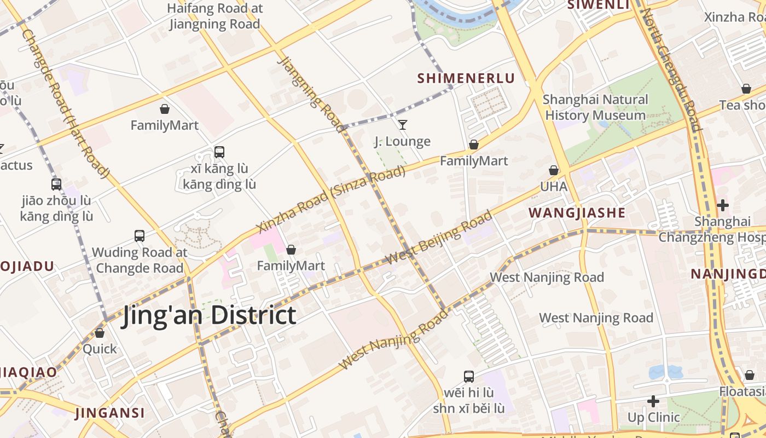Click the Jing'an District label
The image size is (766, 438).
click(x=208, y=316)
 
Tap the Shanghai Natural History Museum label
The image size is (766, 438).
click(x=595, y=107)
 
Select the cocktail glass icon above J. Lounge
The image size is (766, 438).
click(x=403, y=125)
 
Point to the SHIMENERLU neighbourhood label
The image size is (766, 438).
click(x=466, y=78)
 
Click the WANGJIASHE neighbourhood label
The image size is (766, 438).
click(x=577, y=213)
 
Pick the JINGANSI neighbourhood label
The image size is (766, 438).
click(x=110, y=413)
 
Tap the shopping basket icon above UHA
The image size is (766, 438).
click(x=554, y=170)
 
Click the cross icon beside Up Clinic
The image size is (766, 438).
click(x=653, y=401)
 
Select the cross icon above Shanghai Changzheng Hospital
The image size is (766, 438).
click(x=723, y=205)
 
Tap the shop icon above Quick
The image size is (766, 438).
click(x=100, y=333)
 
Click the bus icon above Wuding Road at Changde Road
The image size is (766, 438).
click(x=140, y=236)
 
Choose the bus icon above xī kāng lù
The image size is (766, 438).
click(x=219, y=152)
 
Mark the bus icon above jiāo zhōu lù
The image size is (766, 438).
click(x=56, y=185)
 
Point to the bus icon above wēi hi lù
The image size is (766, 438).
click(x=469, y=377)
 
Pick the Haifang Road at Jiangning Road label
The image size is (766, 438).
click(x=214, y=16)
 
